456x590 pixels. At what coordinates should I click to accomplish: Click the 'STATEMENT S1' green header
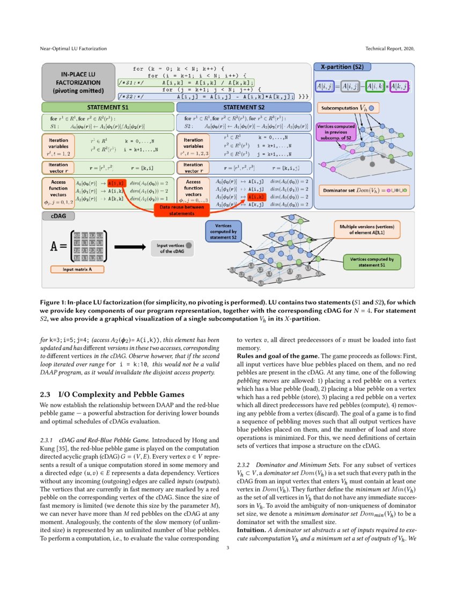tap(109, 107)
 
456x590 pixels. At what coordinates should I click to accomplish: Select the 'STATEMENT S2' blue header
tap(244, 107)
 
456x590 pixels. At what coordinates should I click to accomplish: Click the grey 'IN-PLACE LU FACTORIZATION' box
tap(78, 83)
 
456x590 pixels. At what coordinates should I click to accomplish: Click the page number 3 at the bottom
tap(228, 548)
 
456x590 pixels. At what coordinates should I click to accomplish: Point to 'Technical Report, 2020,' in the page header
tap(390, 49)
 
